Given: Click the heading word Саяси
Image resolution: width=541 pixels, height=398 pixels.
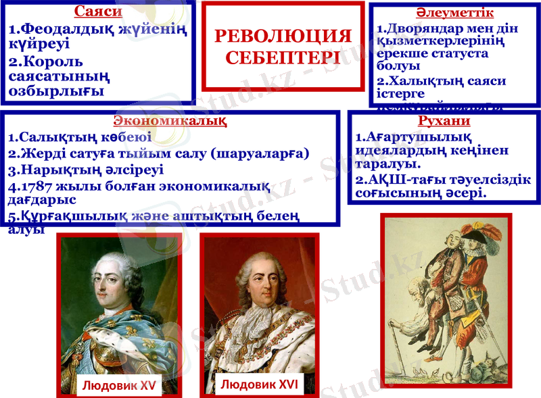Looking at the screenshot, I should [98, 11].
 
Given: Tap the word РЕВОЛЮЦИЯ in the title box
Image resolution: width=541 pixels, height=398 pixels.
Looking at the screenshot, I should [283, 36].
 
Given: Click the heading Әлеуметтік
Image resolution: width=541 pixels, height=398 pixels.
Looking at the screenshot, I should [454, 13].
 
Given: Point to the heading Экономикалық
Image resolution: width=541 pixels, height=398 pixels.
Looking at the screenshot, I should [170, 122].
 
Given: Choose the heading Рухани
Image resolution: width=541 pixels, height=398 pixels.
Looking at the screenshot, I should [444, 122].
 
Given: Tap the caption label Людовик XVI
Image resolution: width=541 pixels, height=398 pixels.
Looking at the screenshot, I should [259, 384].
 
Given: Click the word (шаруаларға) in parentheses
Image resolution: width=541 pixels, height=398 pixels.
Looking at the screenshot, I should [260, 153].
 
